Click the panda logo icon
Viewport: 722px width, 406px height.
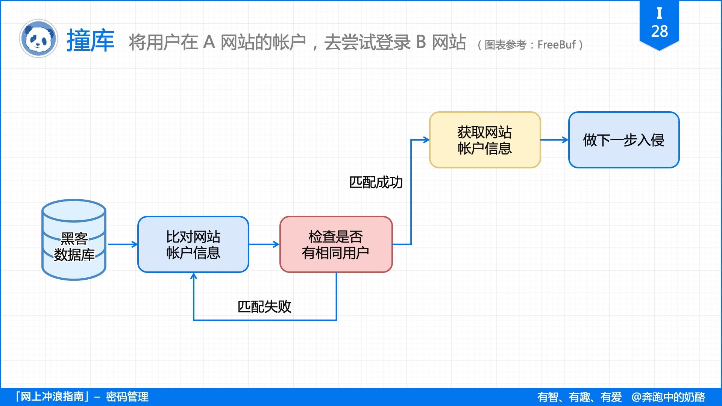point(38,39)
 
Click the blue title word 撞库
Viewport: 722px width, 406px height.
point(90,41)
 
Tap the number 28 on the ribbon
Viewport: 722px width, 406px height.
point(659,32)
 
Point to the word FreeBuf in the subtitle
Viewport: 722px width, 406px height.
point(556,45)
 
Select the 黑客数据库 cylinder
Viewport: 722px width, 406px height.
point(74,239)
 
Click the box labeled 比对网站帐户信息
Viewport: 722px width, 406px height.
point(193,244)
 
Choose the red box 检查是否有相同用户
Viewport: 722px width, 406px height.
point(336,244)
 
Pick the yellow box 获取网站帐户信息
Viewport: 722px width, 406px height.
point(485,140)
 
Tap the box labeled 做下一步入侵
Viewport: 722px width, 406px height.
point(623,140)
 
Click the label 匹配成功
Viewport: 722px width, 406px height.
point(376,182)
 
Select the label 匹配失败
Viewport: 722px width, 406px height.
point(264,307)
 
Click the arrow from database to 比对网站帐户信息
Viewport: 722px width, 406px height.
point(123,244)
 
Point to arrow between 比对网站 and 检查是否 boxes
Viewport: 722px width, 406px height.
point(264,244)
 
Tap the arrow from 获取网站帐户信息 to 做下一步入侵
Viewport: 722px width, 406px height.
point(554,140)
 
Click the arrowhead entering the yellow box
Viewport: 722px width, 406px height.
point(426,140)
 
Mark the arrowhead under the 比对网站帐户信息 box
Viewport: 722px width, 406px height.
point(194,277)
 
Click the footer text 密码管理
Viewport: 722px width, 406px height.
point(127,397)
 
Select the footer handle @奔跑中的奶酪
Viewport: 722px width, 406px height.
point(668,397)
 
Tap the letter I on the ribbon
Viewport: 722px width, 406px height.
point(659,13)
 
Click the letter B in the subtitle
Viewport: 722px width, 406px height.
point(421,42)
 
